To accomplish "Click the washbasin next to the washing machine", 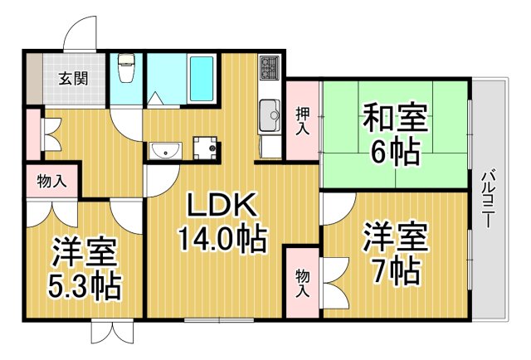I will click(x=167, y=150).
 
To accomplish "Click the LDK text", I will click(x=221, y=205).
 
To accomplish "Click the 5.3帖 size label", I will click(x=84, y=287).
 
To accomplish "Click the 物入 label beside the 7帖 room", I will click(x=302, y=283).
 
